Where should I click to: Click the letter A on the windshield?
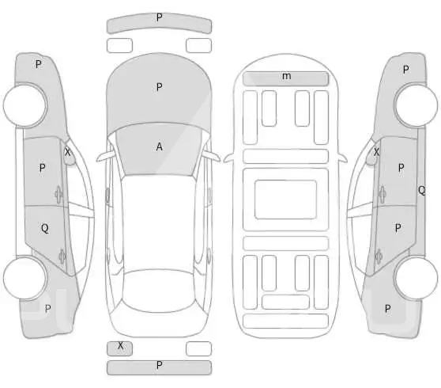tap(159, 146)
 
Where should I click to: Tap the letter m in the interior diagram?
tap(286, 76)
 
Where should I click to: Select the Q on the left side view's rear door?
tap(45, 228)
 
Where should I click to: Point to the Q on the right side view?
tap(421, 191)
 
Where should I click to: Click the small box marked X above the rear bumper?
tap(119, 348)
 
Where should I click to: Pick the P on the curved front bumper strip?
tap(159, 17)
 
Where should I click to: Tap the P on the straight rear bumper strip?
tap(159, 365)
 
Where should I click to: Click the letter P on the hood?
tap(159, 87)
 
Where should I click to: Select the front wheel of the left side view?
tap(24, 105)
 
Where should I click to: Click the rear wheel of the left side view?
tap(24, 278)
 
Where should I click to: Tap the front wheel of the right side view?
tap(416, 105)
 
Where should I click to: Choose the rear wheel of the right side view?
tap(416, 278)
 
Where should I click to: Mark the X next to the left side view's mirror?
tap(67, 152)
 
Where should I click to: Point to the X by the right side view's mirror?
tap(376, 152)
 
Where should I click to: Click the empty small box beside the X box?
tap(198, 348)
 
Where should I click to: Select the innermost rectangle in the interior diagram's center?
tap(286, 200)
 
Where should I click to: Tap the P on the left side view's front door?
tap(42, 168)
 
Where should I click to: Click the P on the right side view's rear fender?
tap(387, 309)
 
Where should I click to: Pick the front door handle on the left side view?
tap(58, 194)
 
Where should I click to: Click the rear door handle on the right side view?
tap(379, 257)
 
